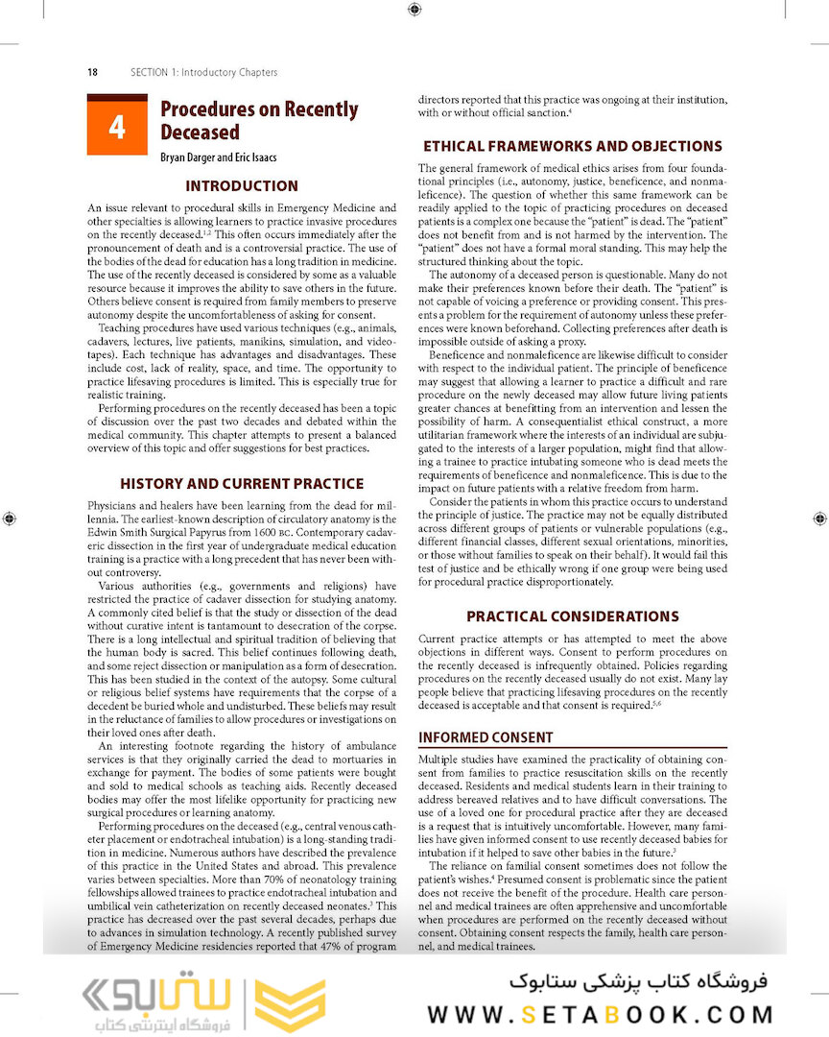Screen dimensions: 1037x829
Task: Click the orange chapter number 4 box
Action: tap(117, 126)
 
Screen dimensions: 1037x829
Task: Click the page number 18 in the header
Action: tap(92, 72)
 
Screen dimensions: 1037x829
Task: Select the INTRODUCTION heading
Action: tap(242, 186)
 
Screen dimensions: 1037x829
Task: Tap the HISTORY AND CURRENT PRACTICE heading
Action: tap(242, 484)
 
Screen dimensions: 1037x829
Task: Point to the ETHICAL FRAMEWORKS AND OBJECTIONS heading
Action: tap(573, 147)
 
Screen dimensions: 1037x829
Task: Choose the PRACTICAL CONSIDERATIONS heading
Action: tap(573, 616)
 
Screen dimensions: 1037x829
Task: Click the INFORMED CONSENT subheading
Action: tap(486, 737)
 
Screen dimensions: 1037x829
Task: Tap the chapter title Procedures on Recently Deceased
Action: tap(258, 121)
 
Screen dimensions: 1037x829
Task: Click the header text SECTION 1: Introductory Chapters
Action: tap(204, 72)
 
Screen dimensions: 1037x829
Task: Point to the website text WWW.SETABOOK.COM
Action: tap(601, 1015)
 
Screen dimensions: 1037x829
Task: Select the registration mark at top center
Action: tap(414, 10)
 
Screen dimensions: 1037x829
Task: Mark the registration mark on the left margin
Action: tap(10, 518)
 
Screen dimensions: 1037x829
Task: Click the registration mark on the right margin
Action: tap(818, 518)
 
